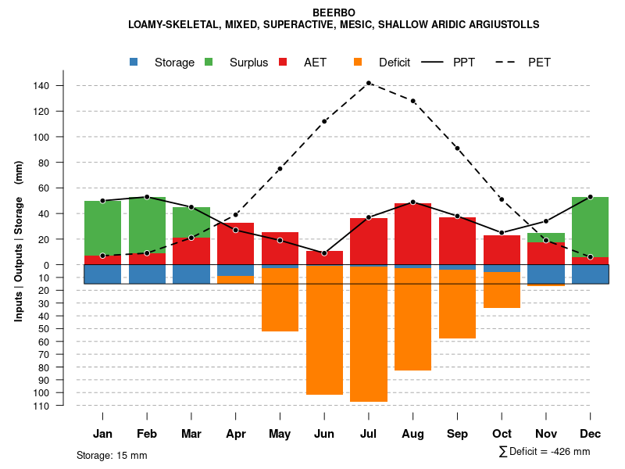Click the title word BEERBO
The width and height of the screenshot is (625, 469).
(334, 13)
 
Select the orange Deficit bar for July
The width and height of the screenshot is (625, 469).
(369, 335)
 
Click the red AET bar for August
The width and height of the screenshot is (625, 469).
(413, 234)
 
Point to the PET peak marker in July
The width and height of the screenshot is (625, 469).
(369, 83)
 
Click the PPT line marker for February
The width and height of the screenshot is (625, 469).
(147, 197)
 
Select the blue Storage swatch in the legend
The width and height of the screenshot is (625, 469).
(135, 63)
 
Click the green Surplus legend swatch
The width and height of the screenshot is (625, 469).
(209, 63)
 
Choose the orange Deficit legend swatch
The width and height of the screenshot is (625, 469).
(359, 63)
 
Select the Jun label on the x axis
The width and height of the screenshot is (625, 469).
(324, 434)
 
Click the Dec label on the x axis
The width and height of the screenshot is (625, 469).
(591, 434)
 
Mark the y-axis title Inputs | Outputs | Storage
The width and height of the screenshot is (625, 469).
(19, 241)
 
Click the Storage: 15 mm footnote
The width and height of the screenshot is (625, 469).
(112, 455)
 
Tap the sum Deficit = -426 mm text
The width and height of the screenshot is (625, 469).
(545, 452)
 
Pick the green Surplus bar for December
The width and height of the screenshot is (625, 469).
(591, 227)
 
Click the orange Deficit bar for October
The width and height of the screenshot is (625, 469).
(502, 290)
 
